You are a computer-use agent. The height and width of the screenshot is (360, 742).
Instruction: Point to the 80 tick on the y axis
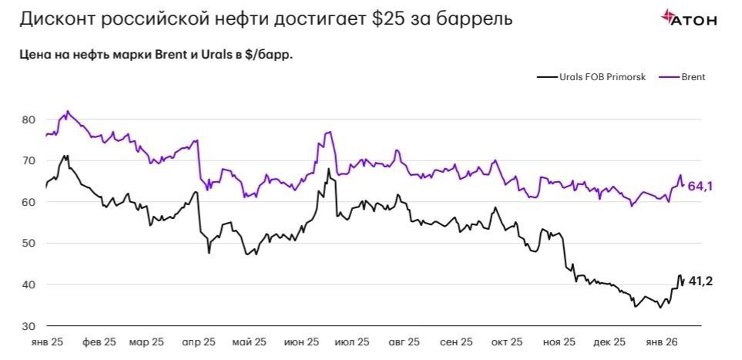click(29, 119)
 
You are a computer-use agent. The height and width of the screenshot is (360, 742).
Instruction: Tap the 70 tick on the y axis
click(29, 161)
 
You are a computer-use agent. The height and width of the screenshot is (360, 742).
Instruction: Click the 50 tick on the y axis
click(29, 244)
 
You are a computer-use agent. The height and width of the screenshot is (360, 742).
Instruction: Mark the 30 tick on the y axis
click(29, 326)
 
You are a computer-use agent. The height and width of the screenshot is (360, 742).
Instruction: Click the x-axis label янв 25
click(48, 341)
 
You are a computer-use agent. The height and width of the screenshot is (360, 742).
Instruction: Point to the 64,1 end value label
click(700, 185)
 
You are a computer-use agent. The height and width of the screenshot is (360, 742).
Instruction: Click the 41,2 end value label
click(700, 281)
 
